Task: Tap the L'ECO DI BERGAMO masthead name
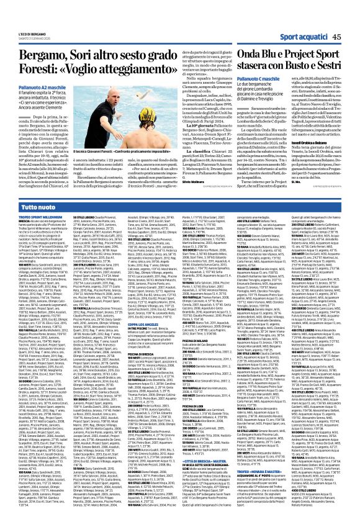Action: click(x=25, y=7)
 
